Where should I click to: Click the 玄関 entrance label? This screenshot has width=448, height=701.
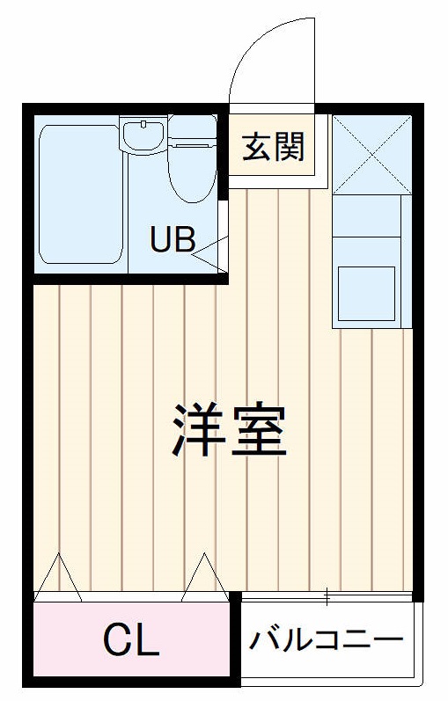point(274,148)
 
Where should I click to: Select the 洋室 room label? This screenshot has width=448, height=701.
point(229,429)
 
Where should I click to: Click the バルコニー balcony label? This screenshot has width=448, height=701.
point(326,639)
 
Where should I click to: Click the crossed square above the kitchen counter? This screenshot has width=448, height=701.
point(372,154)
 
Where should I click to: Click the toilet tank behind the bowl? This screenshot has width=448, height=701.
point(192,130)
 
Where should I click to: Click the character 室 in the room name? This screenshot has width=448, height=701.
point(259,429)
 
